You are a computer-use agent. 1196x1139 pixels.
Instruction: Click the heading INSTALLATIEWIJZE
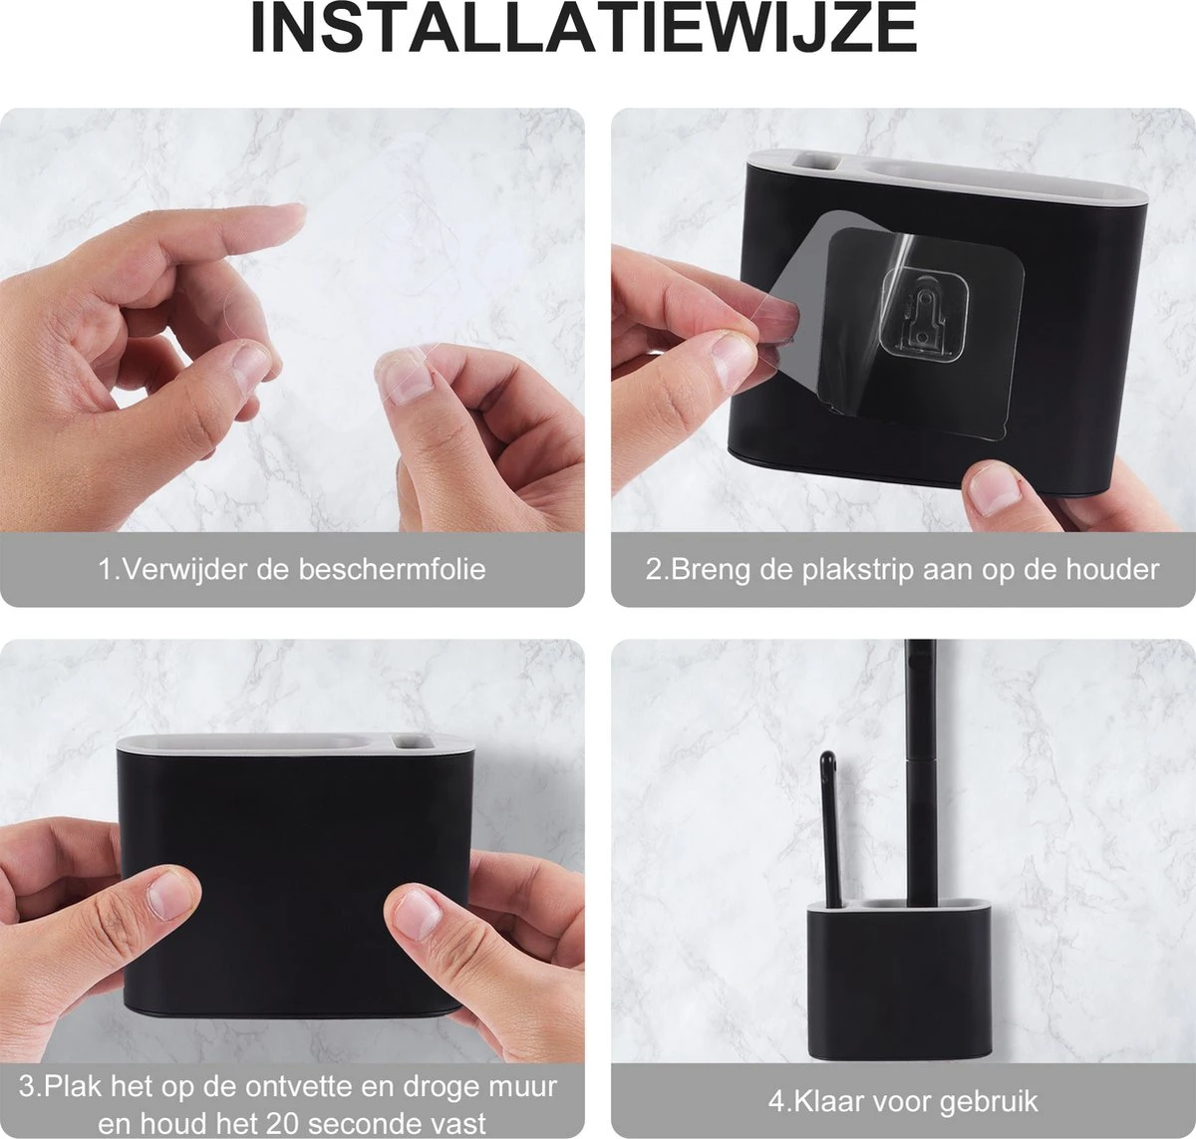[x=583, y=30]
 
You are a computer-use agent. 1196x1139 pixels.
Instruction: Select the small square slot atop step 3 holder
[x=407, y=741]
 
